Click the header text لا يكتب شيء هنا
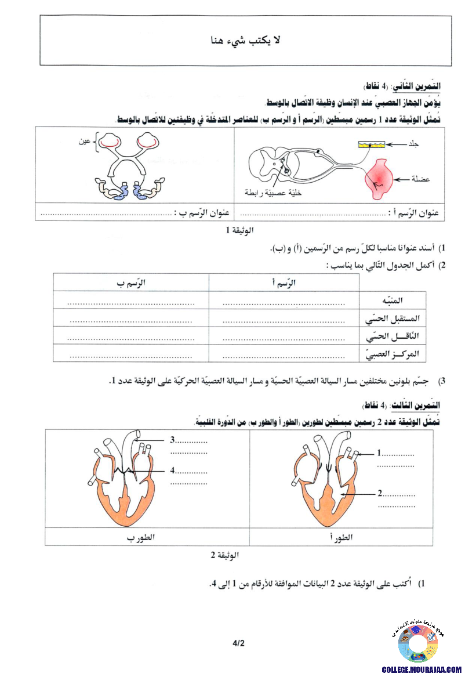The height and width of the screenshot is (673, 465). coord(246,40)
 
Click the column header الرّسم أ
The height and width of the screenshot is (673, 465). coord(284,283)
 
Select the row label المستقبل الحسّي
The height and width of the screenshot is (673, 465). coord(393,319)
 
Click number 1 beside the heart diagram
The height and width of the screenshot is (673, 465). coord(379,453)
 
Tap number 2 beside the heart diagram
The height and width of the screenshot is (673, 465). coord(380,494)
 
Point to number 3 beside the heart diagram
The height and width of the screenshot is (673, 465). coord(173,439)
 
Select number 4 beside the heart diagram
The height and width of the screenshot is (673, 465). coord(173,471)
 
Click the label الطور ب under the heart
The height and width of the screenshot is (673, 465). coord(140,537)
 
